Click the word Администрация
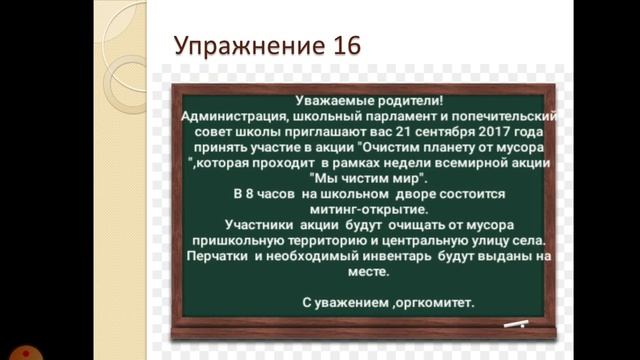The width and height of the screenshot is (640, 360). (x=237, y=116)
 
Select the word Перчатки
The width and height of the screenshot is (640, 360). (x=221, y=256)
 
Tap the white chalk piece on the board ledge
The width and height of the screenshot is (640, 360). (x=516, y=324)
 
